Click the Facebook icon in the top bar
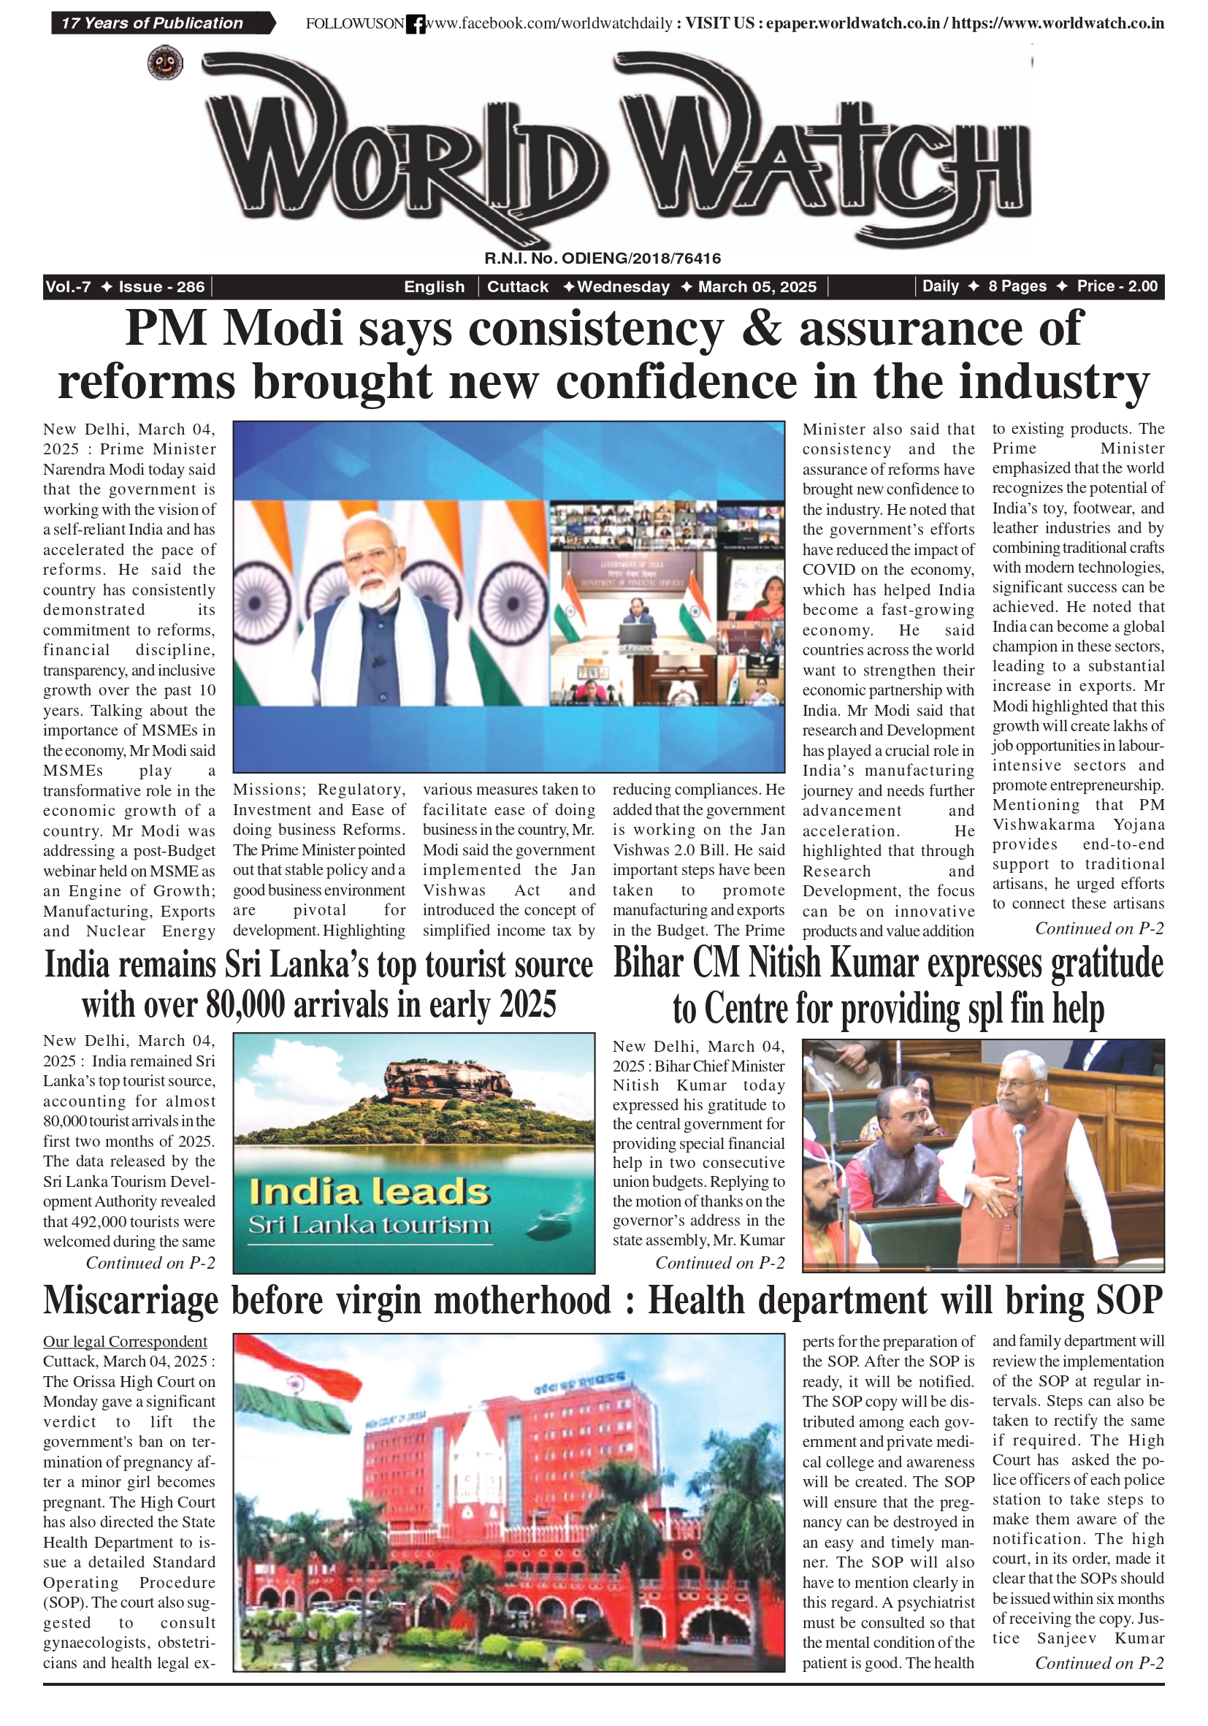(x=415, y=25)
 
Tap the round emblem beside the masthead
(x=165, y=62)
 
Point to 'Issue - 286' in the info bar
(x=161, y=286)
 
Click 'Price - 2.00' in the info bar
(x=1116, y=286)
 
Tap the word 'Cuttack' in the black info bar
(x=518, y=286)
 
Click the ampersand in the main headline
(x=761, y=329)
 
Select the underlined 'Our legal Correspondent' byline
(x=125, y=1340)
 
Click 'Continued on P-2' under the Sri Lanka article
(x=150, y=1262)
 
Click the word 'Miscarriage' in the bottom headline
(x=130, y=1300)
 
